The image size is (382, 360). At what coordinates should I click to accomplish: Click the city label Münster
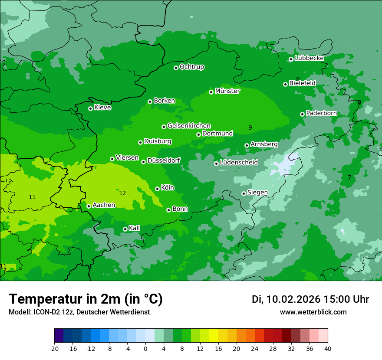[227, 91]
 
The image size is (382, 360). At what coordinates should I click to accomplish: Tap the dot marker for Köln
[157, 189]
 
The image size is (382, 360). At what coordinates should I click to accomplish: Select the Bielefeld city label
[302, 83]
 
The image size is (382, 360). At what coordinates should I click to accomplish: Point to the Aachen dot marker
[89, 206]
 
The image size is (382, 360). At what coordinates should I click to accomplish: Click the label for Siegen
[257, 193]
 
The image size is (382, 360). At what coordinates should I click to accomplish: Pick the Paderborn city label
[321, 113]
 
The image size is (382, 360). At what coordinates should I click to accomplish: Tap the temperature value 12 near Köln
[122, 193]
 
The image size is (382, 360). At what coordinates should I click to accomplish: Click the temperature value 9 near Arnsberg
[250, 128]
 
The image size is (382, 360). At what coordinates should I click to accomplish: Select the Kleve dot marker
[90, 108]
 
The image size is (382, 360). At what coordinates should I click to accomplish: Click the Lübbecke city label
[309, 58]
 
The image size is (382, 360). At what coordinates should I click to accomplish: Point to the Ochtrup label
[191, 67]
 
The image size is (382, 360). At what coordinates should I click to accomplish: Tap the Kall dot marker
[125, 229]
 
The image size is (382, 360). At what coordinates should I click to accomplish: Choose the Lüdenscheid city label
[239, 163]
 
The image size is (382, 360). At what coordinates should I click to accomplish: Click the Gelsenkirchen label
[189, 126]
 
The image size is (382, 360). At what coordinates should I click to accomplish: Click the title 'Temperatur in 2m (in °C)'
[86, 299]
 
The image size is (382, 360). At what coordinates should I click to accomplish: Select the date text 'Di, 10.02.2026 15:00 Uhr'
[310, 299]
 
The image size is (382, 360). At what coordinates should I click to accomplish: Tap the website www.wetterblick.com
[313, 312]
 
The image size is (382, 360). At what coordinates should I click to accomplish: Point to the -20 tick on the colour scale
[54, 349]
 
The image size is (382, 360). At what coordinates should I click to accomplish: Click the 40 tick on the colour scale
[328, 349]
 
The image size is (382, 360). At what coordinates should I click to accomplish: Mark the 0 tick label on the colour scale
[145, 349]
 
